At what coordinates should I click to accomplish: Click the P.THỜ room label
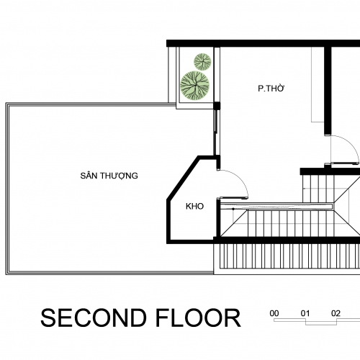pyautogui.click(x=271, y=89)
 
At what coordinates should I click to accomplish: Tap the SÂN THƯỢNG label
pyautogui.click(x=109, y=176)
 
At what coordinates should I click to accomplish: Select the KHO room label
pyautogui.click(x=194, y=206)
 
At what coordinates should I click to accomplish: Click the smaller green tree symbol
pyautogui.click(x=202, y=62)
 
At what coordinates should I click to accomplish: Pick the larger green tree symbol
pyautogui.click(x=195, y=85)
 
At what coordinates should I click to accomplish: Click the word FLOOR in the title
pyautogui.click(x=198, y=318)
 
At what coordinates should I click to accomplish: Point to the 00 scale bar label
pyautogui.click(x=274, y=313)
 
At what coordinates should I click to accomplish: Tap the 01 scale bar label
pyautogui.click(x=305, y=313)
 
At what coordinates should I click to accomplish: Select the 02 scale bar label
pyautogui.click(x=336, y=313)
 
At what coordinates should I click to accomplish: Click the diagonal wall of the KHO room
pyautogui.click(x=183, y=178)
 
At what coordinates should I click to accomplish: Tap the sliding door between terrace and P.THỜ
pyautogui.click(x=217, y=132)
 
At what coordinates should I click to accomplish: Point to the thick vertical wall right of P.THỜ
pyautogui.click(x=328, y=91)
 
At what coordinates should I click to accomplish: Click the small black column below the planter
pyautogui.click(x=217, y=105)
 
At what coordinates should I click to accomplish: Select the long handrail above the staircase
pyautogui.click(x=276, y=207)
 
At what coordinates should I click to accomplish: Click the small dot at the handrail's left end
pyautogui.click(x=233, y=210)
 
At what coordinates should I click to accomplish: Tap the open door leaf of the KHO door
pyautogui.click(x=233, y=198)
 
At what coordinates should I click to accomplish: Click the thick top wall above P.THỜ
pyautogui.click(x=264, y=43)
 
